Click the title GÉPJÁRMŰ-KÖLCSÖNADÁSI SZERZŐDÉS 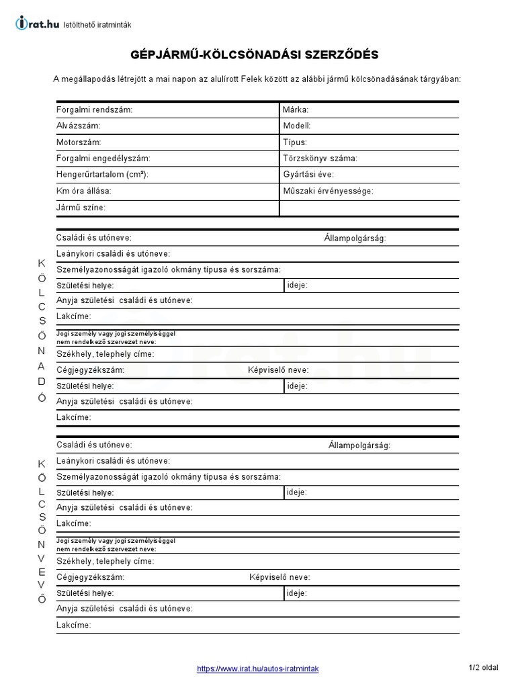[258, 54]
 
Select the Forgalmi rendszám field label [95, 110]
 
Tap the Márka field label [296, 110]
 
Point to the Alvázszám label [79, 126]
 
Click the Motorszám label [79, 142]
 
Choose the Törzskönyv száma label [320, 159]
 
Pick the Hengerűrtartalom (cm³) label [102, 175]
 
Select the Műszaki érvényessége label [328, 191]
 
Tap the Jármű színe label [81, 208]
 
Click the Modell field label [297, 126]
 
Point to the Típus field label [295, 142]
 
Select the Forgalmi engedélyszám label [103, 159]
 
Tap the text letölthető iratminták [97, 25]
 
